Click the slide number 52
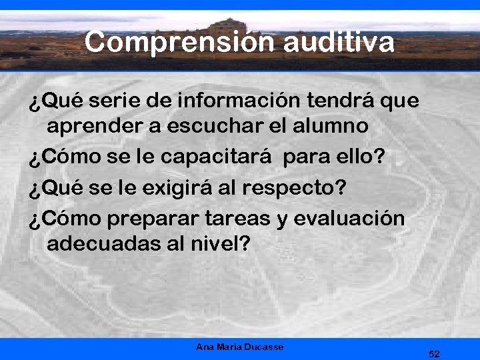pos(434,353)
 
